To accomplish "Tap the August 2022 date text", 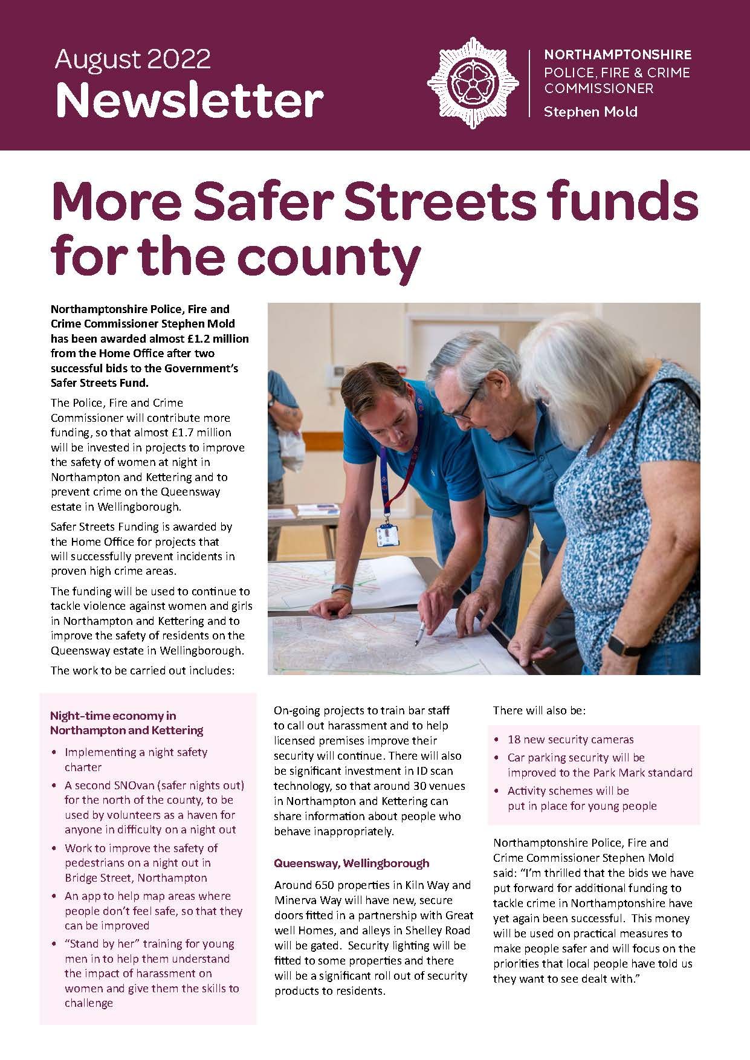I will pyautogui.click(x=133, y=59).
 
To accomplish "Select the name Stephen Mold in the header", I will pyautogui.click(x=590, y=112).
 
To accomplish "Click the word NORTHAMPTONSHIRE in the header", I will pyautogui.click(x=618, y=55).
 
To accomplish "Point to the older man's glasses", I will pyautogui.click(x=462, y=407).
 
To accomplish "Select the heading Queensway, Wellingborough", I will pyautogui.click(x=352, y=863).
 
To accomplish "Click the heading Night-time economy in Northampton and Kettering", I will pyautogui.click(x=126, y=723).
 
